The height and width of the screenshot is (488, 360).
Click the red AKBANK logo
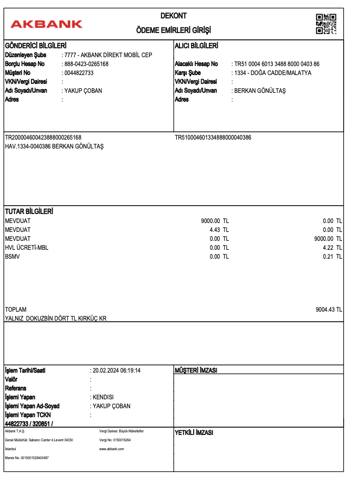pos(47,24)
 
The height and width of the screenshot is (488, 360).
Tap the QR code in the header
pos(326,24)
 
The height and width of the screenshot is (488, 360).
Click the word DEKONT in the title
pos(174,16)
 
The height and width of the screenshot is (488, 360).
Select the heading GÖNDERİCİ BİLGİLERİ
pos(35,46)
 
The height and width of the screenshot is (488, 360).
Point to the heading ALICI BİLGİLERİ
pos(196,46)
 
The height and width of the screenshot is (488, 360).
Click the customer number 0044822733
pos(79,73)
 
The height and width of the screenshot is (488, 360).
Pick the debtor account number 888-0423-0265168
pos(86,64)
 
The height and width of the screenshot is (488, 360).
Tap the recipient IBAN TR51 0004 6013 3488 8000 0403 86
pos(277,64)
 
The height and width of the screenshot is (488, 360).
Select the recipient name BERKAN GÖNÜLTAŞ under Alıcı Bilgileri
pos(260,91)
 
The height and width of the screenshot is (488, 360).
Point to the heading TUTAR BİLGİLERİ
pos(29,211)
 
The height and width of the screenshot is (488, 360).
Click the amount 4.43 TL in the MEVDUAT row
pos(218,229)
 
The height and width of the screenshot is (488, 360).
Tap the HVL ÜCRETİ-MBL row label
pos(26,248)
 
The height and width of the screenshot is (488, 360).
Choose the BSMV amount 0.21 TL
pos(332,257)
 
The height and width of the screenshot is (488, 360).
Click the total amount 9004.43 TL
pos(329,310)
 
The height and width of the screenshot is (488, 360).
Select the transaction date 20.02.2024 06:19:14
pos(117,370)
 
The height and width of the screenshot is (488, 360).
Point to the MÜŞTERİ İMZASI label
pos(196,370)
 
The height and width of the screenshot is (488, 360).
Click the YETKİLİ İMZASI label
pos(194,433)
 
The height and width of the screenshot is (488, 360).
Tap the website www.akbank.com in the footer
pos(111,449)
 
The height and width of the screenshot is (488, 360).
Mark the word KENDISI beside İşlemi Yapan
pos(103,397)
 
